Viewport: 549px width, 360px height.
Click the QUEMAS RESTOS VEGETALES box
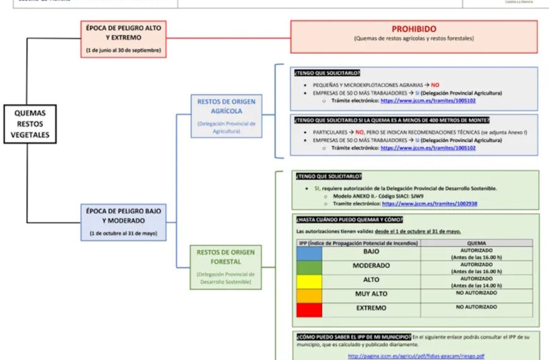pos(30,124)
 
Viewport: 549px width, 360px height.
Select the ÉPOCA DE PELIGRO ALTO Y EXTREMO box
pos(124,39)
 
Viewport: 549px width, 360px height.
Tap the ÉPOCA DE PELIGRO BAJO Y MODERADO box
pos(124,222)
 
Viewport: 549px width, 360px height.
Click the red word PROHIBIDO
pos(414,29)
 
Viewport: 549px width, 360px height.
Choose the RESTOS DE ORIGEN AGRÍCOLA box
pos(226,116)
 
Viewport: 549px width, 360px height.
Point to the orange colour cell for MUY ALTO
pos(309,296)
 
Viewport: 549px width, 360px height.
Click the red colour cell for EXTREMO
pos(309,309)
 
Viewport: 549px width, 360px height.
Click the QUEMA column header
pos(476,243)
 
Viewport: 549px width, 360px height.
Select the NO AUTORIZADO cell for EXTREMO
pos(476,307)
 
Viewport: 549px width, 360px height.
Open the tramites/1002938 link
pos(429,204)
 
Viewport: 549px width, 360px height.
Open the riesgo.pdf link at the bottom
pos(416,356)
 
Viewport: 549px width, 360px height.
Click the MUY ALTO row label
pos(371,294)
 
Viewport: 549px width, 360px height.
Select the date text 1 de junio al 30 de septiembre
pos(124,50)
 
